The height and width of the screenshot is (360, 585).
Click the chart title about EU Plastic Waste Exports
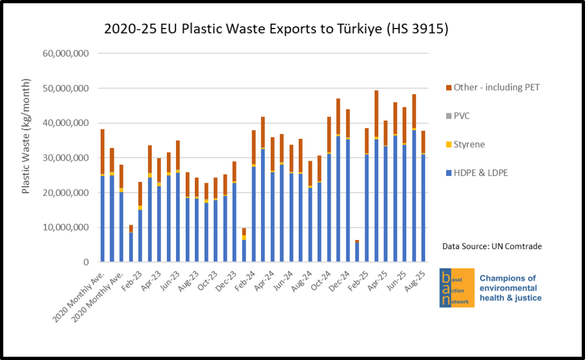[x=276, y=29]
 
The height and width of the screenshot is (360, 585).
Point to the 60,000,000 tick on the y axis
[x=66, y=54]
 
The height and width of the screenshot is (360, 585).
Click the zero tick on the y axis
[x=85, y=262]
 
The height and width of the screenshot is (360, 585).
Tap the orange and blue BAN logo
[x=456, y=287]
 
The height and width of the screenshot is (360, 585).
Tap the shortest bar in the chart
[x=357, y=251]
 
